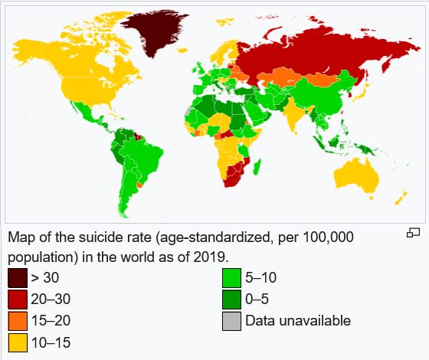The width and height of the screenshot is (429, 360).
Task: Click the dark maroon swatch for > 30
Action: (17, 277)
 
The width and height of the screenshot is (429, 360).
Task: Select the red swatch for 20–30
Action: (17, 299)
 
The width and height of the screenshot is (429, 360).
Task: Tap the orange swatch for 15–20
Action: (17, 321)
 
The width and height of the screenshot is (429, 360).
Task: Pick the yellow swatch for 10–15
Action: (17, 342)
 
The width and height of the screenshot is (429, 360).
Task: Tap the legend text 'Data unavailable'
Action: (298, 321)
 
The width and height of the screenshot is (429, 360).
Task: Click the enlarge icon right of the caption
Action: (414, 233)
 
